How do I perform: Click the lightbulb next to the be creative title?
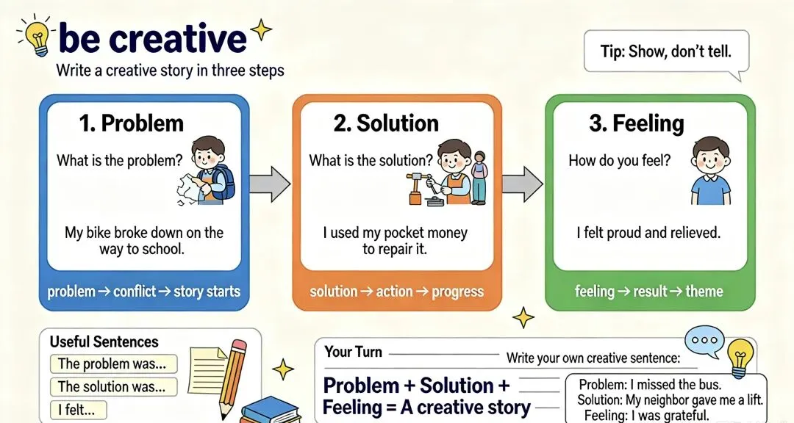37,37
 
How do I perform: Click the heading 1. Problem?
131,123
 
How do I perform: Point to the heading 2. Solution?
386,123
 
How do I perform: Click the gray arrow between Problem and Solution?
270,183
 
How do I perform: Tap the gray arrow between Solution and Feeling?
523,183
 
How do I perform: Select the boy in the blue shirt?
711,170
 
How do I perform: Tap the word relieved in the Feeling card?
695,233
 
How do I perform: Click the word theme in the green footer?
704,291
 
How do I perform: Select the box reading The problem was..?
114,364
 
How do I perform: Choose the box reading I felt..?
79,409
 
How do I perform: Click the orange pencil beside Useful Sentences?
232,371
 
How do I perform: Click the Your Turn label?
354,352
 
